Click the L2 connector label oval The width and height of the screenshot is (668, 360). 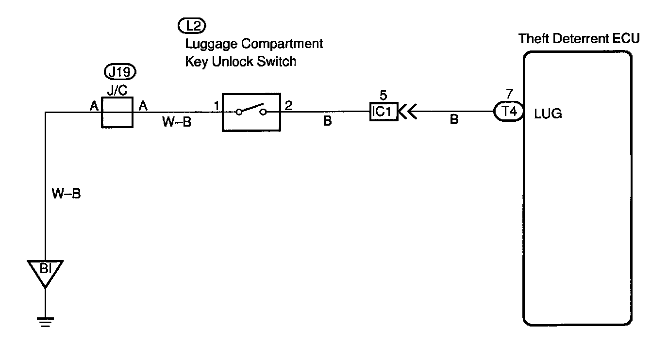point(193,25)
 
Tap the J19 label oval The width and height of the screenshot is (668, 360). point(120,72)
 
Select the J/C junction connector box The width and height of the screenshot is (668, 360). point(117,112)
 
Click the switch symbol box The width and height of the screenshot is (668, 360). point(251,112)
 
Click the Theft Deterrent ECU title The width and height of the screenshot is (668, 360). point(579,38)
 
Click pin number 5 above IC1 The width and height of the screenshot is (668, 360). point(384,96)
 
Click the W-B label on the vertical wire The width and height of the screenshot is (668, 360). point(66,195)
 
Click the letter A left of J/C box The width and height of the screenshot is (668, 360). point(94,105)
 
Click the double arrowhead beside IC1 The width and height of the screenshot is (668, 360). point(407,113)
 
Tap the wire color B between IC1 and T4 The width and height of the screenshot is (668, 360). point(454,120)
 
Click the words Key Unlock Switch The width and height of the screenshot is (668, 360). point(240,62)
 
